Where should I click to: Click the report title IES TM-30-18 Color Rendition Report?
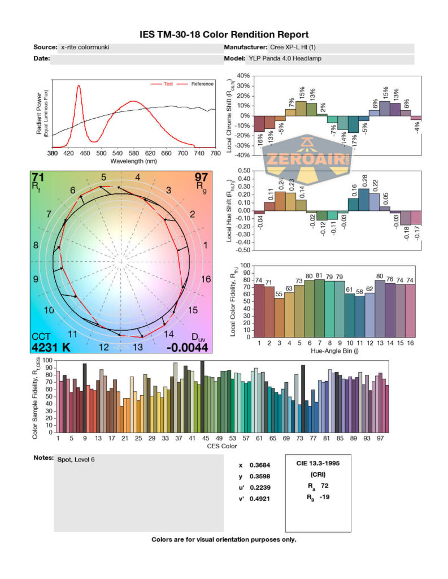224,34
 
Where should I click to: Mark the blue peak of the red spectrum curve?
78,86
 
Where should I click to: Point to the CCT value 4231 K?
51,347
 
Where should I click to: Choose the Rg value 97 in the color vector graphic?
202,177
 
